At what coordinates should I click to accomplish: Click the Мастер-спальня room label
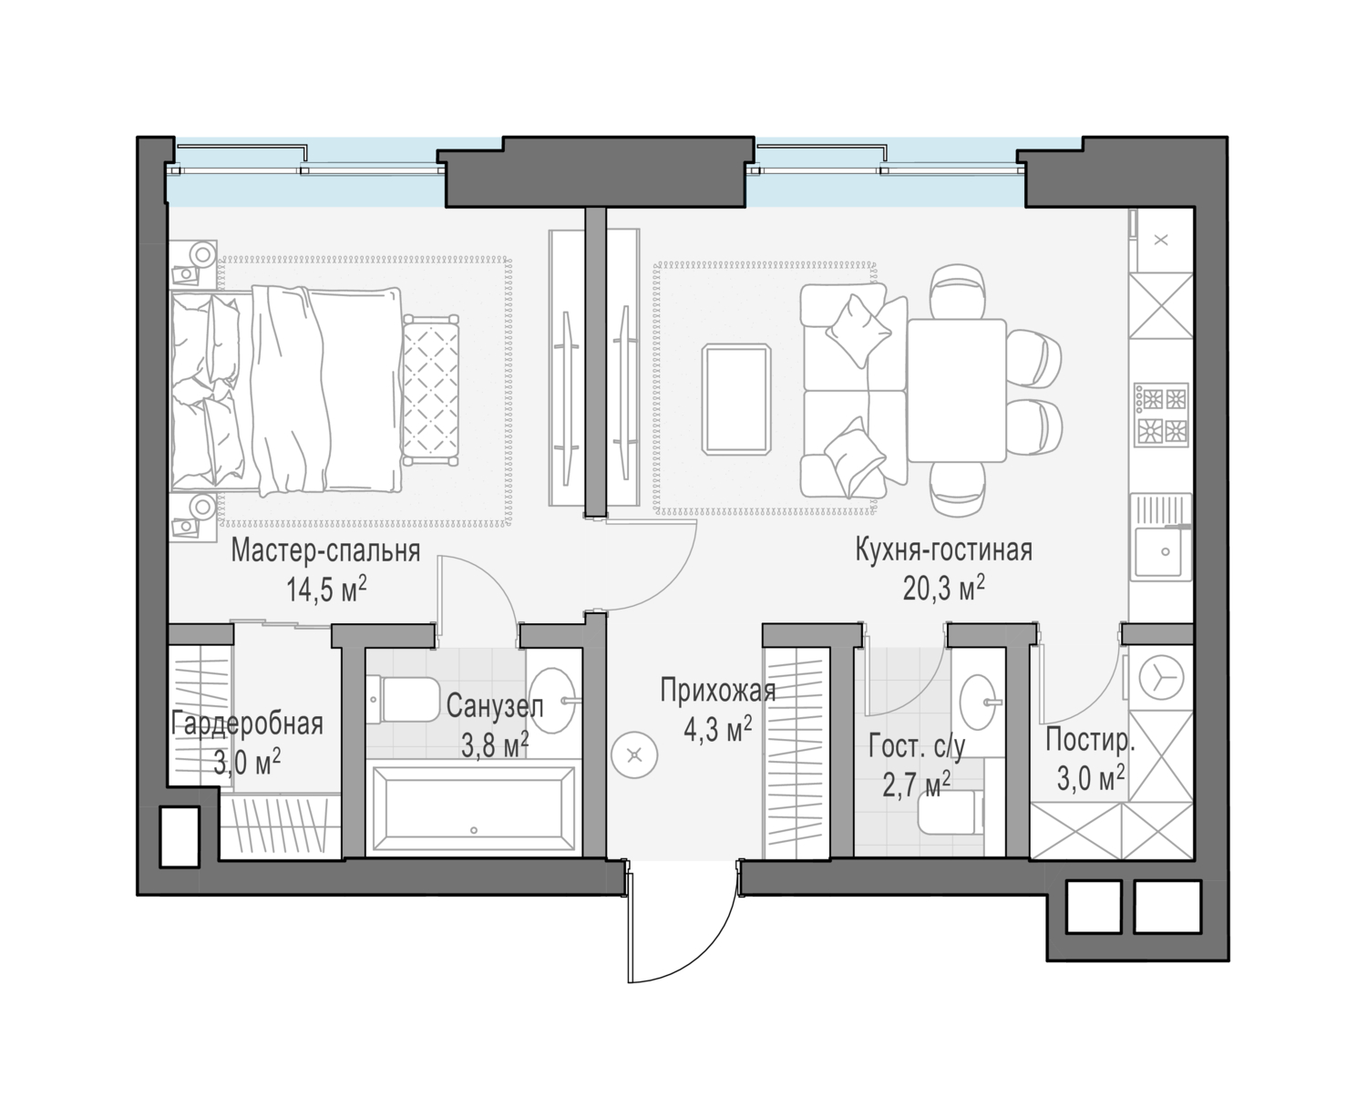(x=325, y=551)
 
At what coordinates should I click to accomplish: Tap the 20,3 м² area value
(x=943, y=589)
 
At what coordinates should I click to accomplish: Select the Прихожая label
(x=718, y=691)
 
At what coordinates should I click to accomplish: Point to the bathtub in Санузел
(x=474, y=808)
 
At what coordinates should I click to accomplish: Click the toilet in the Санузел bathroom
(x=404, y=699)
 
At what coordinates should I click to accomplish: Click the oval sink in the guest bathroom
(x=978, y=703)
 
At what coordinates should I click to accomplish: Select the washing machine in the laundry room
(x=1160, y=679)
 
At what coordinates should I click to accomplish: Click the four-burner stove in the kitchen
(x=1161, y=414)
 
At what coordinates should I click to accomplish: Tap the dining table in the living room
(x=957, y=391)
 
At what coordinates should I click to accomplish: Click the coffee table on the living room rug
(x=736, y=399)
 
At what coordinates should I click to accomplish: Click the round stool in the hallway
(x=634, y=755)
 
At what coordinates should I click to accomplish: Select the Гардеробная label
(x=247, y=724)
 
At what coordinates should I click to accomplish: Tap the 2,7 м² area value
(x=917, y=785)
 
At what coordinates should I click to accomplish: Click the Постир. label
(x=1090, y=741)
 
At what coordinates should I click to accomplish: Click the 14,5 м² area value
(x=326, y=590)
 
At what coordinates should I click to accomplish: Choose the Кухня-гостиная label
(x=943, y=550)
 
